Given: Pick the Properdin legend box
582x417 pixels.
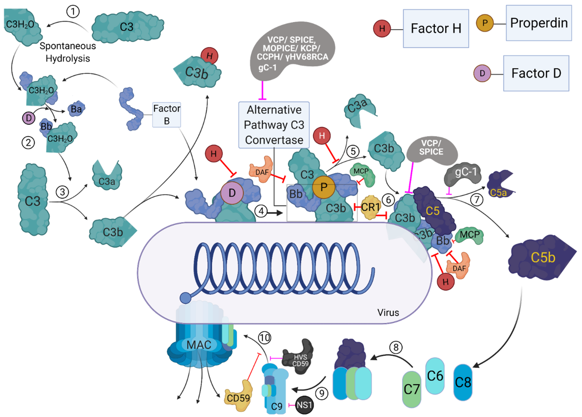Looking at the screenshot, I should [539, 23].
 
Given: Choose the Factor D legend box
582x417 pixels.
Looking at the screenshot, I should [536, 73].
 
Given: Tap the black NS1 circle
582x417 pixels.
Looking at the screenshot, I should [304, 405].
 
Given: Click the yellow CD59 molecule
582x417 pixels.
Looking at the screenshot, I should [238, 397].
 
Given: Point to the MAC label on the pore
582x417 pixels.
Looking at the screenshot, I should [199, 345].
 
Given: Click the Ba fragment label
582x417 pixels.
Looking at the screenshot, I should [76, 109].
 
